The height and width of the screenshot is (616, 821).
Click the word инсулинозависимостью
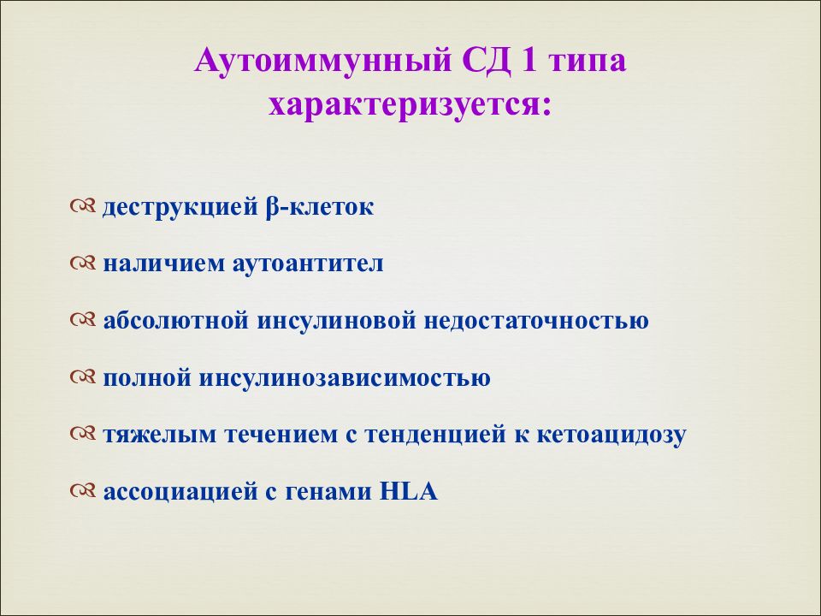346,377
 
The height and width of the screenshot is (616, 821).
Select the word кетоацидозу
611,435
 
